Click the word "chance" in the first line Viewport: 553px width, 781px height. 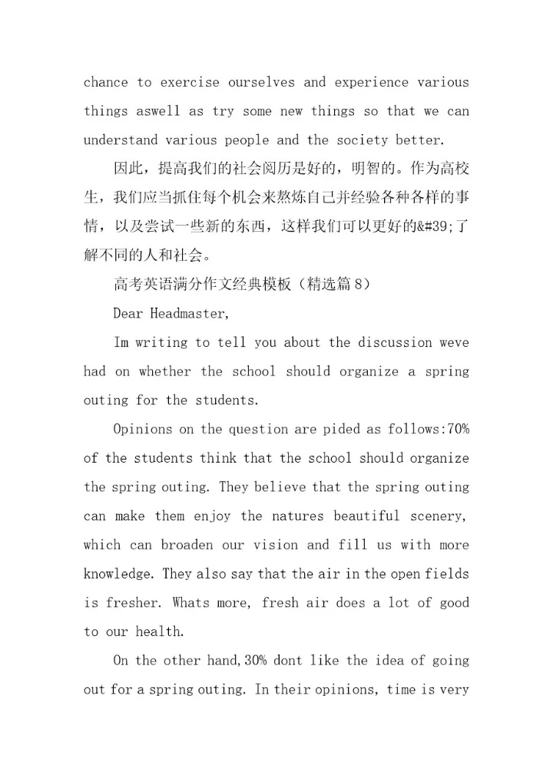(x=105, y=82)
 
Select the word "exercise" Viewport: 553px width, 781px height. (x=188, y=82)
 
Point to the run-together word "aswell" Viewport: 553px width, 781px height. (x=158, y=111)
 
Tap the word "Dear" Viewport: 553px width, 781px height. (x=128, y=314)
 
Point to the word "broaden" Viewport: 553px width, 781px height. (x=188, y=545)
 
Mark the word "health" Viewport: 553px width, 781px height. (x=160, y=632)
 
